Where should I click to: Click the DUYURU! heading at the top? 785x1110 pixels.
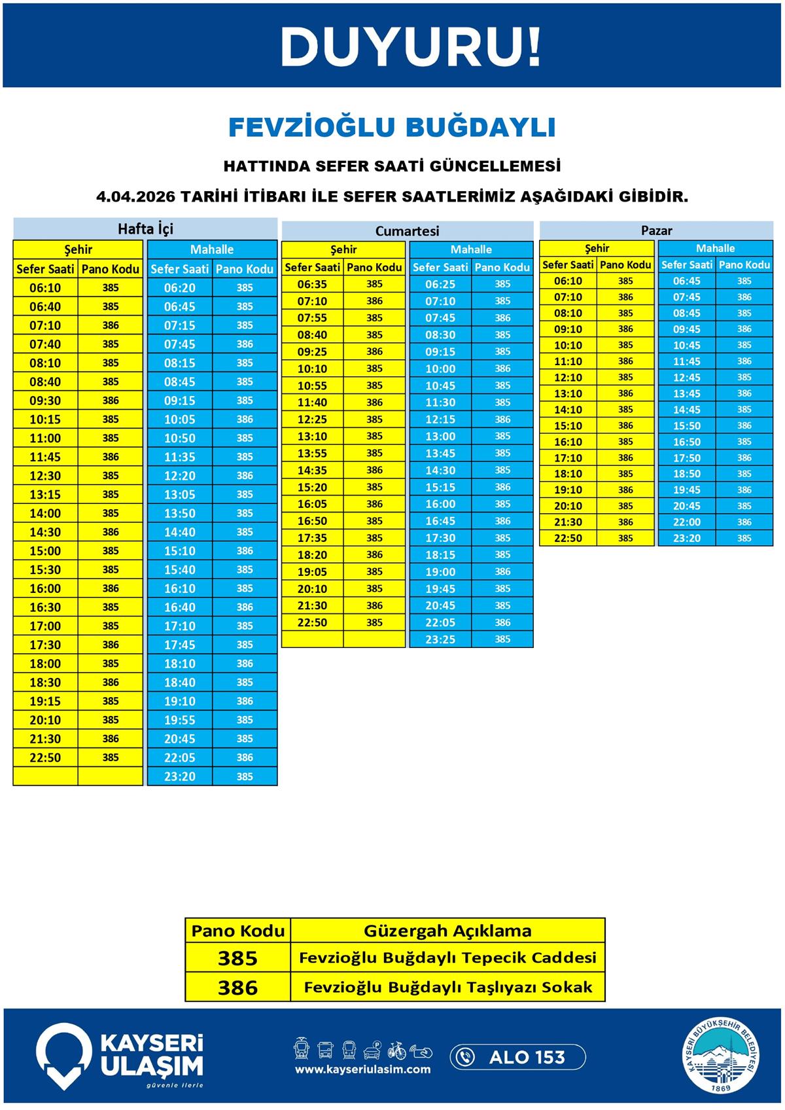(x=411, y=47)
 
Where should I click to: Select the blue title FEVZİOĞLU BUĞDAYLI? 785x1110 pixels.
(x=392, y=127)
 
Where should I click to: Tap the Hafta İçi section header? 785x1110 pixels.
(x=145, y=228)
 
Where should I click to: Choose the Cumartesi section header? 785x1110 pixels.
(x=407, y=231)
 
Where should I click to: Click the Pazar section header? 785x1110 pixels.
(x=656, y=230)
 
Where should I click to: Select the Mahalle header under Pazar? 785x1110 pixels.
(x=715, y=248)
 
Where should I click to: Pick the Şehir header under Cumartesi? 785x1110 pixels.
(x=343, y=249)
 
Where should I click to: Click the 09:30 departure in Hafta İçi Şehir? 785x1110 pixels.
(x=45, y=401)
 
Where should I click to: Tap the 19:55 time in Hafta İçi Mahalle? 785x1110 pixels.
(x=179, y=720)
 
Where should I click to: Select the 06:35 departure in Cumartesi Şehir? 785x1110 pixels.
(x=312, y=284)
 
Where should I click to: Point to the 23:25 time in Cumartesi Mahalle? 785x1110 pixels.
(x=440, y=639)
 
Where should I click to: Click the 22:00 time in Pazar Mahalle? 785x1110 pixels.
(x=686, y=522)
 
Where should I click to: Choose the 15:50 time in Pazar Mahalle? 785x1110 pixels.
(x=686, y=426)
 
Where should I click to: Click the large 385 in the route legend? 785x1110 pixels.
(x=237, y=958)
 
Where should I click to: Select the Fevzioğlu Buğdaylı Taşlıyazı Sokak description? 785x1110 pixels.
(x=448, y=987)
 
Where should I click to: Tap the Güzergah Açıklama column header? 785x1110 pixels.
(x=447, y=931)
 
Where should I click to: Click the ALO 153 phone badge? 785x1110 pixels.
(x=517, y=1057)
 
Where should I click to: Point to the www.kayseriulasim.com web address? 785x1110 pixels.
(x=363, y=1069)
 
